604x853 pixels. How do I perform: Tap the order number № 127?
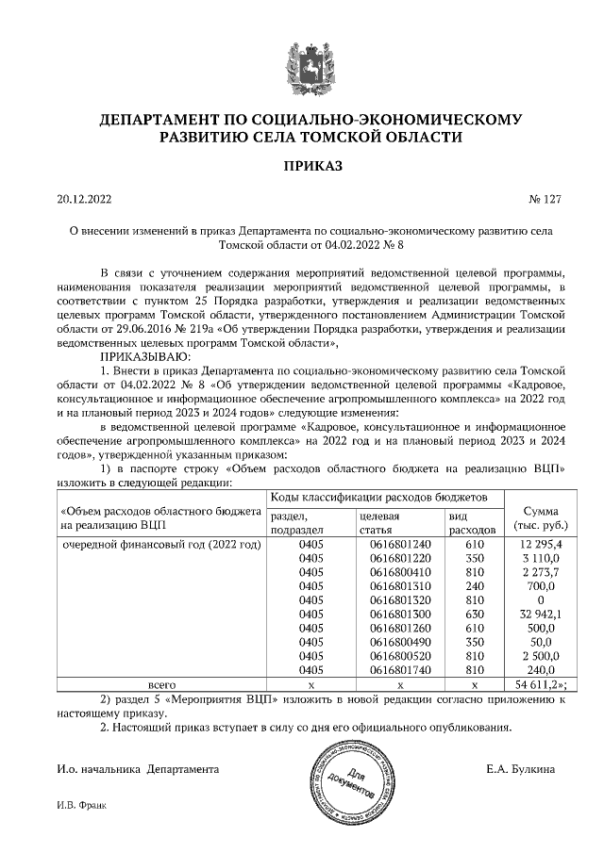pyautogui.click(x=545, y=200)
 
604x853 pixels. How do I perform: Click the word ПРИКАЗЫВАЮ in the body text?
pyautogui.click(x=144, y=358)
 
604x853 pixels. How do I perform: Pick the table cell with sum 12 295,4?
pyautogui.click(x=540, y=545)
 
